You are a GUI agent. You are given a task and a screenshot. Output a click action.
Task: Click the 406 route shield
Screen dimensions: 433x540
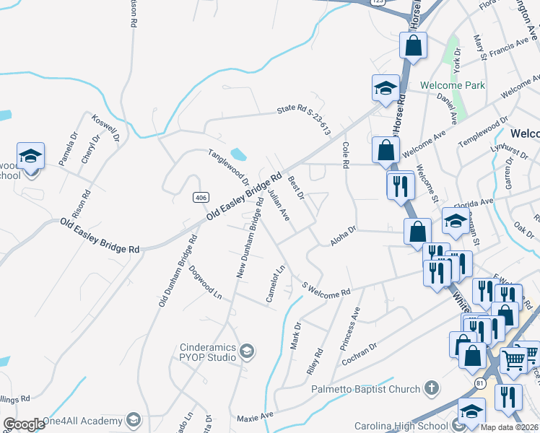point(201,198)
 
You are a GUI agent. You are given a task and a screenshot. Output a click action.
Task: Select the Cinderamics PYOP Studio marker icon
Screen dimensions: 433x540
point(246,351)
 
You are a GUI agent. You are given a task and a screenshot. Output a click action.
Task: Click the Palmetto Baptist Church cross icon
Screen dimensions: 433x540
point(432,389)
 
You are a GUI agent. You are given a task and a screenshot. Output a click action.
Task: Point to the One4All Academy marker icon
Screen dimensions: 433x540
point(133,419)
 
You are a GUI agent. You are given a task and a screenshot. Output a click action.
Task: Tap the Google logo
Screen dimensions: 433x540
point(25,424)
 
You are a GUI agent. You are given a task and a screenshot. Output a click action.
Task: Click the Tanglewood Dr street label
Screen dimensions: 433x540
point(228,168)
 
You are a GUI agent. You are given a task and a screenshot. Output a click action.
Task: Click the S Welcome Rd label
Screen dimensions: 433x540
point(326,289)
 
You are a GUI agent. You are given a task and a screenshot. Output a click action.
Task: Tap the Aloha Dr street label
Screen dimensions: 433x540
point(344,236)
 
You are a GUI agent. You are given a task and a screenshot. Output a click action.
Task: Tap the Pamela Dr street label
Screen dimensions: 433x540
point(67,149)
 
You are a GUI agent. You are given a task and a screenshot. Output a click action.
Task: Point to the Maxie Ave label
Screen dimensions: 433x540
point(256,416)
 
